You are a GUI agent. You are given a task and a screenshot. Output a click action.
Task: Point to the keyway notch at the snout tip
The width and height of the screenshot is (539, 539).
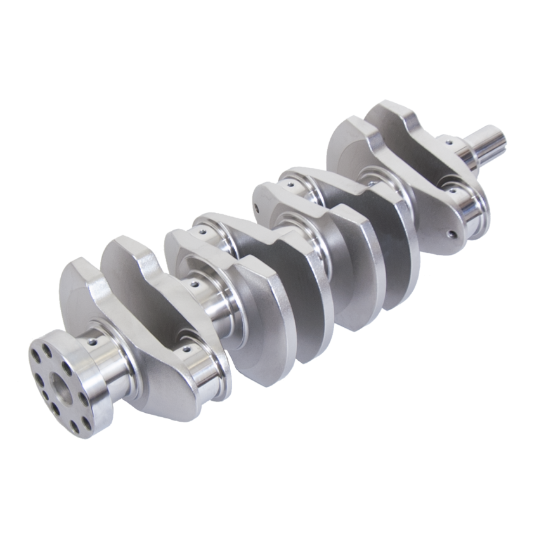coord(501,134)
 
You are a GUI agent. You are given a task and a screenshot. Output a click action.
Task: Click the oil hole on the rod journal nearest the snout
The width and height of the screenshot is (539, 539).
coord(454,188)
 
